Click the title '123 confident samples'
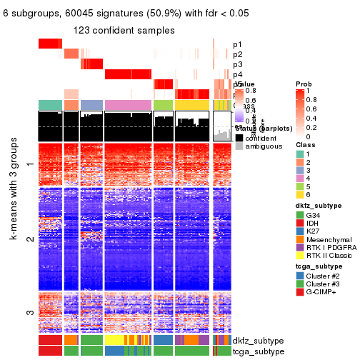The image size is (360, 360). (x=125, y=30)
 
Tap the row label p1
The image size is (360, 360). (x=237, y=44)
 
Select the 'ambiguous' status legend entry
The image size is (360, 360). (x=261, y=146)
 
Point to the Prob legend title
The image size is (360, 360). (x=304, y=84)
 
